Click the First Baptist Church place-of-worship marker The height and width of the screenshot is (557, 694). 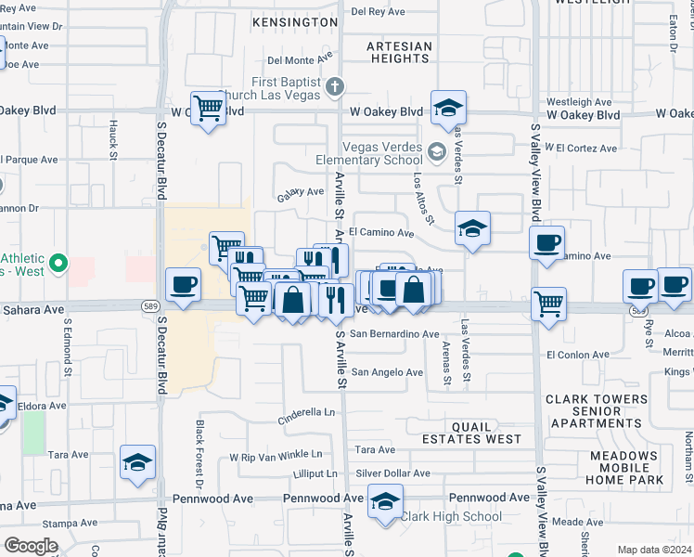click(336, 87)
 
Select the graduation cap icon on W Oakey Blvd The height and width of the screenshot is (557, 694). click(448, 108)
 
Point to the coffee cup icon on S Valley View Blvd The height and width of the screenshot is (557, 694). click(546, 243)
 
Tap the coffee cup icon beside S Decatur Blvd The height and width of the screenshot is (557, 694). click(183, 284)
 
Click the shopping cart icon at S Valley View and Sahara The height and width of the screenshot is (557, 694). click(549, 303)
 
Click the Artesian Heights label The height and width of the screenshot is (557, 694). click(399, 52)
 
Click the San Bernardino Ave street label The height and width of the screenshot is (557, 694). click(392, 333)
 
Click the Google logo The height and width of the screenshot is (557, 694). click(31, 546)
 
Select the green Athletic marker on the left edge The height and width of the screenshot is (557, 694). click(58, 265)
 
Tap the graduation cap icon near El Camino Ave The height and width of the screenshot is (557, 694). click(472, 228)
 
